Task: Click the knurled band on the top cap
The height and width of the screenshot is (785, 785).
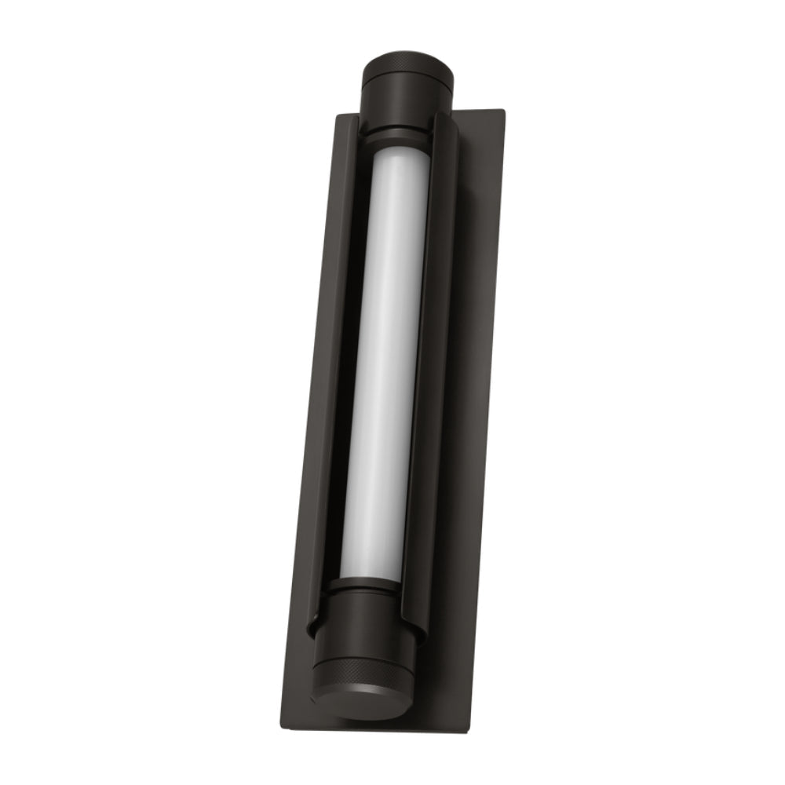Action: coord(407,62)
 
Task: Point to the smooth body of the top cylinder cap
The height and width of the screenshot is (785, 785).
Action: coord(406,98)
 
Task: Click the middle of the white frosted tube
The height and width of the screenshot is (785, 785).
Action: coord(385,361)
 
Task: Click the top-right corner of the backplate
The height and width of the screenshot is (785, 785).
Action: coord(503,112)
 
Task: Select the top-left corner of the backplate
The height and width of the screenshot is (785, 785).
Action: coord(338,117)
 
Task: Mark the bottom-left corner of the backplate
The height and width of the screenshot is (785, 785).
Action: coord(283,726)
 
